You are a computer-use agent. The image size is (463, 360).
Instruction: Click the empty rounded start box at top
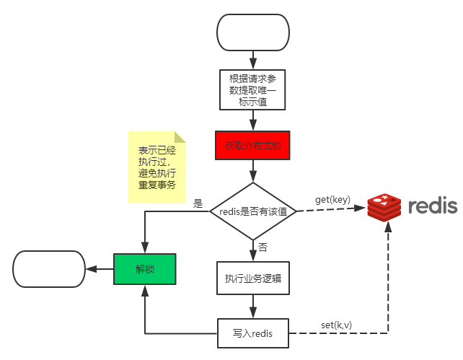pos(252,32)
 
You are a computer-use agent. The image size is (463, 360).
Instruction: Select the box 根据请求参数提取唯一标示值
pos(252,89)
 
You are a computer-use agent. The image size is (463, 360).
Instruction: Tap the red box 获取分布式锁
pos(252,146)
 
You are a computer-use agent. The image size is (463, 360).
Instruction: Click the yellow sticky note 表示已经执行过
pos(156,167)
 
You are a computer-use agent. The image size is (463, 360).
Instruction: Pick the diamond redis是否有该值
pos(252,211)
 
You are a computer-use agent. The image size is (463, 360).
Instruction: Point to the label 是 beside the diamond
pos(198,203)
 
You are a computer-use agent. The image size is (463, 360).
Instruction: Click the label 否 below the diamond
pos(263,247)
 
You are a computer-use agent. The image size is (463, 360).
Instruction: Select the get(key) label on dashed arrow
pos(332,199)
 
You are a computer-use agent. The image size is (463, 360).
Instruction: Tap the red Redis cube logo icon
pos(384,207)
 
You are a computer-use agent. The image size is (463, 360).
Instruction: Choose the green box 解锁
pos(145,268)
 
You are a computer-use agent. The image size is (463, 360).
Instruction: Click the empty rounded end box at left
pos(48,268)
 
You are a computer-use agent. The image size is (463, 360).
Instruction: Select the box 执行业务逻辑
pos(252,278)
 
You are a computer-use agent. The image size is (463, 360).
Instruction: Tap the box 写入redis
pos(252,333)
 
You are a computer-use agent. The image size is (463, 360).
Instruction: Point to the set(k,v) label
pos(336,325)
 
